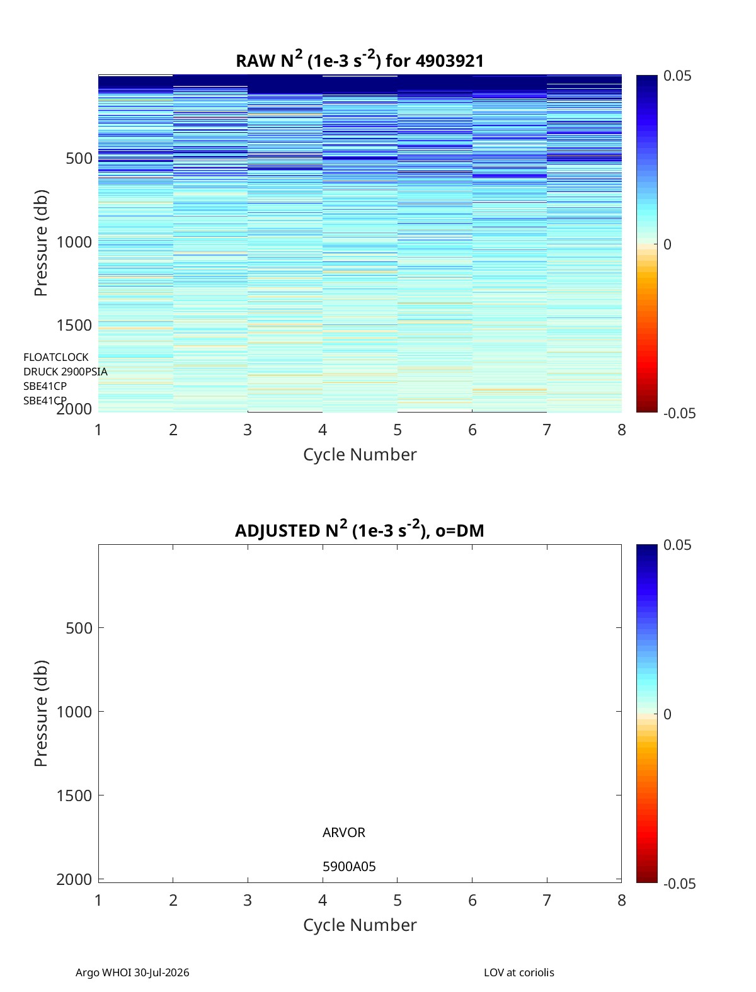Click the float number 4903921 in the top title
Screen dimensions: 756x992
coord(449,61)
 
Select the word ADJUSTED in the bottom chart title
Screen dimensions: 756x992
coord(277,530)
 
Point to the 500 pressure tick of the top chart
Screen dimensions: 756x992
coord(79,159)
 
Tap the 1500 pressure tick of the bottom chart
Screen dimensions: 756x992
coord(74,795)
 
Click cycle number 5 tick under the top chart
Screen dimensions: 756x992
coord(397,430)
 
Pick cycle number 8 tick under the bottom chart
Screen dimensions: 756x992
coord(622,900)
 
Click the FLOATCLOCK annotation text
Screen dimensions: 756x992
coord(56,357)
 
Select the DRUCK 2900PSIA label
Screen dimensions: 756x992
coord(66,372)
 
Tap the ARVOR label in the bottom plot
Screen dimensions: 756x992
coord(344,833)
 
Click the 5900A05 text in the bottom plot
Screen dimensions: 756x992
coord(349,867)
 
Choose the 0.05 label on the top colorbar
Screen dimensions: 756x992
coord(677,76)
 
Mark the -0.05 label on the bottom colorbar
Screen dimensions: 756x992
coord(680,883)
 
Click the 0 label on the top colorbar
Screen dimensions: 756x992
coord(667,244)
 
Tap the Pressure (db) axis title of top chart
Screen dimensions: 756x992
coord(41,243)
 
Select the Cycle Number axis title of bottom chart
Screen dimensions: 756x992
coord(360,925)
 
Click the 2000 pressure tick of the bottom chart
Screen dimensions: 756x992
coord(74,879)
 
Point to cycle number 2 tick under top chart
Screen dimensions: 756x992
coord(173,430)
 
